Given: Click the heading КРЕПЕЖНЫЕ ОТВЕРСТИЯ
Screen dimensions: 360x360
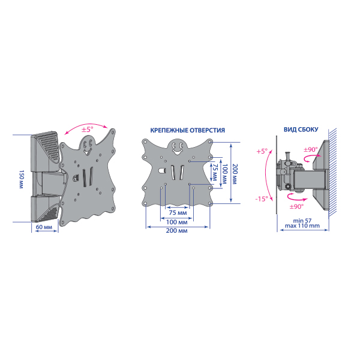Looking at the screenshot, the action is [x=188, y=130].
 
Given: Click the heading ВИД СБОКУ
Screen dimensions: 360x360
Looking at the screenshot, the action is [x=301, y=130].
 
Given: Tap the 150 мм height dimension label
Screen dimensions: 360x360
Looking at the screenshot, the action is [x=21, y=179].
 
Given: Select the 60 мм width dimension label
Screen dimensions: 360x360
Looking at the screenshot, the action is [x=44, y=227].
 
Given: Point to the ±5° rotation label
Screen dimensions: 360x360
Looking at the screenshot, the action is [x=88, y=129].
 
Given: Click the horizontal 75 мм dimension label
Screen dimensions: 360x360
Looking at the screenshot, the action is [x=178, y=212].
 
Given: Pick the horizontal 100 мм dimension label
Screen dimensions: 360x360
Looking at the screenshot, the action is [x=176, y=222].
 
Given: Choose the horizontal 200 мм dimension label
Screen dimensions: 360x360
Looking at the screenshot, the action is [x=176, y=230].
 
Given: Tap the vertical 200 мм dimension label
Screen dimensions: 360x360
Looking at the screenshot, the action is [x=234, y=174].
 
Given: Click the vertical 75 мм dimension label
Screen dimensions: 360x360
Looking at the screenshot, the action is [x=215, y=172].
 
